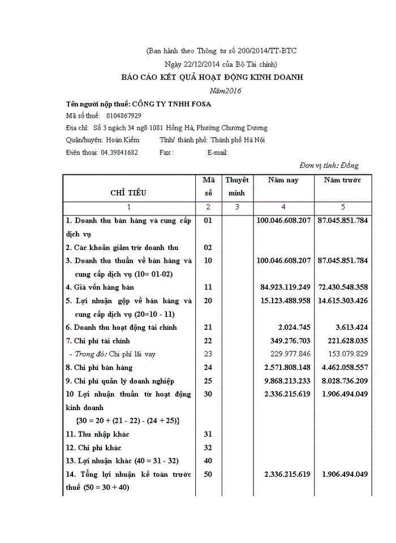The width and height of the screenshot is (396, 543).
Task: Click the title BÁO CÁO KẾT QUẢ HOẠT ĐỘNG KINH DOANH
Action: pos(213,77)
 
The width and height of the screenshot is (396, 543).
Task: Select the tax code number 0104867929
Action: pos(123,115)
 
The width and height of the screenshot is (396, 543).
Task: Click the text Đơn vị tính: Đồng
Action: pos(329,165)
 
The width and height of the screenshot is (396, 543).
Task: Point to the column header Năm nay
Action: pos(283,180)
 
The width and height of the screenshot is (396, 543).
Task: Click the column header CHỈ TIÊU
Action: pos(128,193)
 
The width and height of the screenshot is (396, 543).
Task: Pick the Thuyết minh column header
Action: pos(237,187)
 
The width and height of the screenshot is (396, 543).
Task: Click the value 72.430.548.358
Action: pos(343,287)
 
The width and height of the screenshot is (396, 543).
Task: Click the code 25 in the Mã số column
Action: pos(208,381)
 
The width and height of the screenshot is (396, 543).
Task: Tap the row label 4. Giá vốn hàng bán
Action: pos(100,287)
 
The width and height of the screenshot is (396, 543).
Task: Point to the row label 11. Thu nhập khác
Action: pos(97,434)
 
